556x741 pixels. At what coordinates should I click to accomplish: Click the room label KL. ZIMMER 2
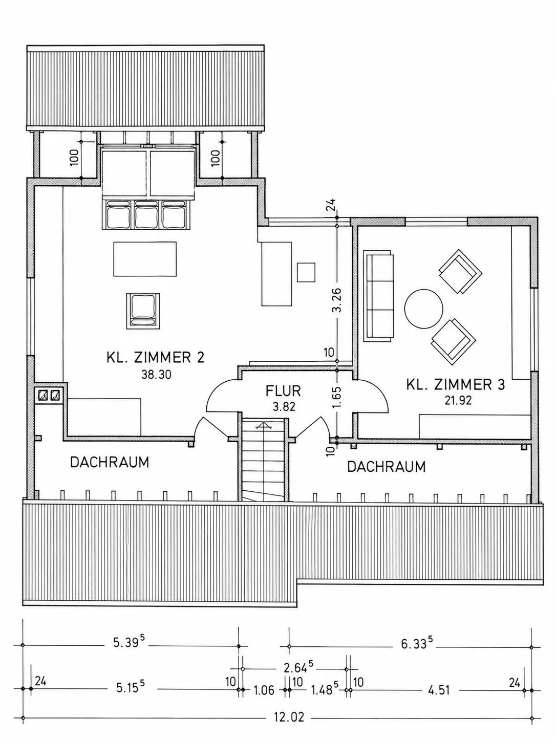[156, 357]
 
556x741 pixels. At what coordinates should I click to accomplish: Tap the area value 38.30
[156, 375]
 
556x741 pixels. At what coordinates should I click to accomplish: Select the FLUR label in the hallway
[283, 391]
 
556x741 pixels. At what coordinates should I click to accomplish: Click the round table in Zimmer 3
[424, 308]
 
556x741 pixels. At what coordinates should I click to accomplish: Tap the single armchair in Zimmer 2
[143, 311]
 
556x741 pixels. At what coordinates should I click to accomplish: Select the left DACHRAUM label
[110, 462]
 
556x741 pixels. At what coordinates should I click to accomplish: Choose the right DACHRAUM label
[386, 467]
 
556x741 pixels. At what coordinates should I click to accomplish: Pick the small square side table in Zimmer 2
[306, 272]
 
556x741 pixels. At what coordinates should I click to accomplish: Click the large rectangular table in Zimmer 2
[145, 258]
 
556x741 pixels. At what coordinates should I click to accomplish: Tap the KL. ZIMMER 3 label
[456, 384]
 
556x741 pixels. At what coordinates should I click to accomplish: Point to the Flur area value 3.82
[284, 407]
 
